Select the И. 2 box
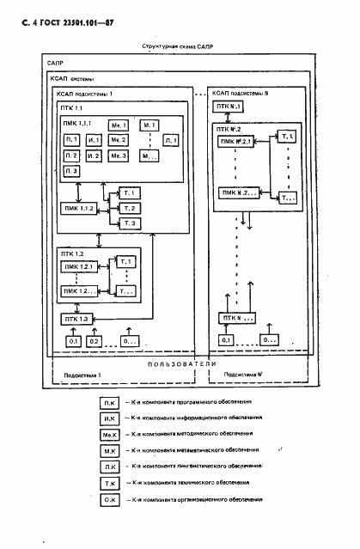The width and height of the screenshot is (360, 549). tap(95, 155)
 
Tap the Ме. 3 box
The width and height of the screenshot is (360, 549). tap(119, 155)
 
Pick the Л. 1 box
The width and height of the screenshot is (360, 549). tap(172, 140)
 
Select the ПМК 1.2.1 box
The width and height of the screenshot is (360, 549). tap(80, 267)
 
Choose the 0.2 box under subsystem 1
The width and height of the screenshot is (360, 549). tap(95, 342)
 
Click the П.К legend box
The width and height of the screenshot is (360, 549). tap(110, 402)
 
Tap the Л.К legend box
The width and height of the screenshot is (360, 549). tap(110, 467)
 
